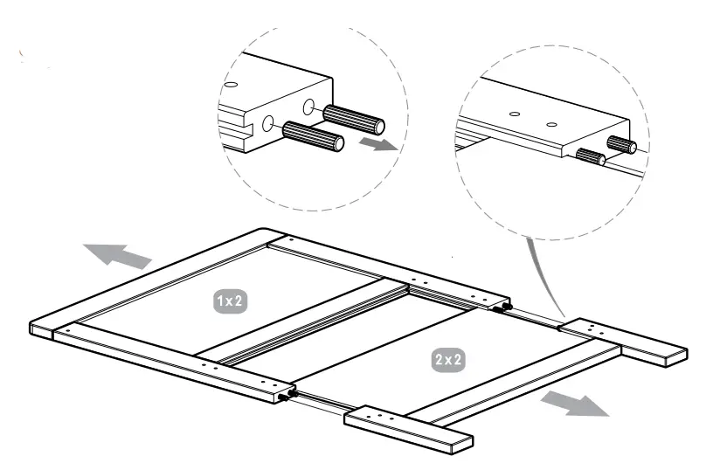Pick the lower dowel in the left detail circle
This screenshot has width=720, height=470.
tap(310, 136)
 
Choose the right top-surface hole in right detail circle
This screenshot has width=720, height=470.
tap(551, 124)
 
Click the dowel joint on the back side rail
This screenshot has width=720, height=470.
tap(502, 308)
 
